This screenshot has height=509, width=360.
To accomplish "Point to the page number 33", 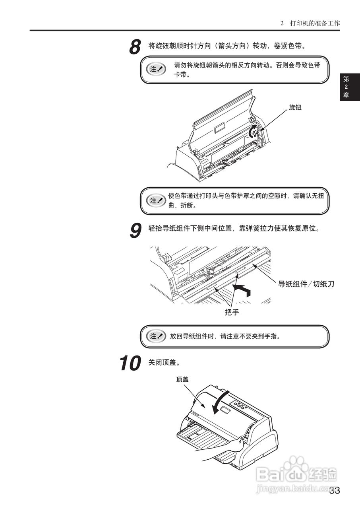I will [335, 491].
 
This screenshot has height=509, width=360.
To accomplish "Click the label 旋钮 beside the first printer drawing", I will [295, 107].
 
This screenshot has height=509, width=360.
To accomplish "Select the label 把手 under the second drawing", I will [232, 313].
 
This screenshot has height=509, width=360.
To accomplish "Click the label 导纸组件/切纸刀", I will [306, 284].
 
